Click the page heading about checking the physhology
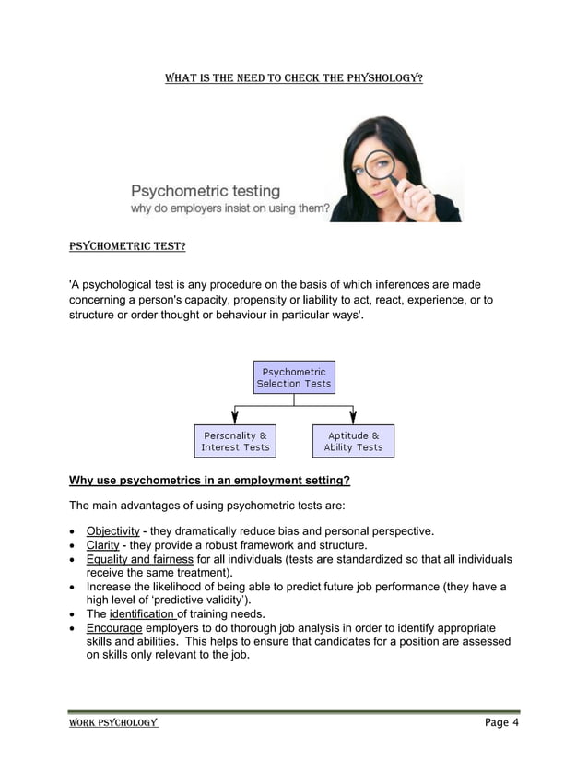pyautogui.click(x=293, y=78)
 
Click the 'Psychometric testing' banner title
pyautogui.click(x=205, y=191)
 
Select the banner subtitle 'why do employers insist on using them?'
pyautogui.click(x=229, y=209)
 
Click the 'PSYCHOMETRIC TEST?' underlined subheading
pyautogui.click(x=128, y=247)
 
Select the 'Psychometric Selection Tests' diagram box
pyautogui.click(x=294, y=377)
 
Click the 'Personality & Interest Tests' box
pyautogui.click(x=235, y=441)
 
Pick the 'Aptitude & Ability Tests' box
pyautogui.click(x=353, y=441)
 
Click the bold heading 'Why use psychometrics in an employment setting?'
pyautogui.click(x=210, y=481)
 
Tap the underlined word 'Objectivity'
pyautogui.click(x=112, y=531)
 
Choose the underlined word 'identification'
pyautogui.click(x=142, y=614)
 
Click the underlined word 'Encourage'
pyautogui.click(x=114, y=628)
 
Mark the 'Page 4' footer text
pyautogui.click(x=501, y=722)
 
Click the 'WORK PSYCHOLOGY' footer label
pyautogui.click(x=114, y=722)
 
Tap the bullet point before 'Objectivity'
pyautogui.click(x=73, y=532)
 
